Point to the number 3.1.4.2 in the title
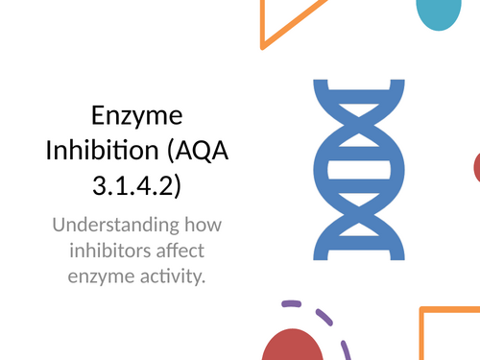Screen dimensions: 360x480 coord(135,182)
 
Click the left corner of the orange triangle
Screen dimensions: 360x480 coord(264,44)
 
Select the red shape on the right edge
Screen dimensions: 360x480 coord(476,168)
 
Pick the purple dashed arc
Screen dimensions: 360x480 coord(331,322)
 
